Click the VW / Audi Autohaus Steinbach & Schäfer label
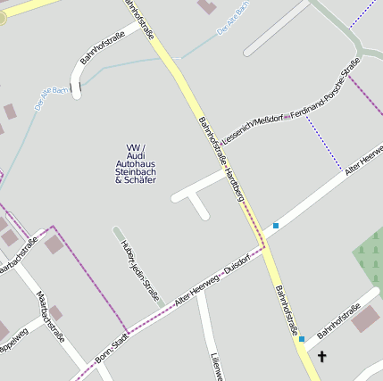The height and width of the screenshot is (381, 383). [x=136, y=163]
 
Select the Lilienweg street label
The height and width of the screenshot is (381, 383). [x=216, y=366]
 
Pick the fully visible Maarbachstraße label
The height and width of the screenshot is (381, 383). [x=51, y=318]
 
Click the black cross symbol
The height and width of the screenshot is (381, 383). [x=321, y=356]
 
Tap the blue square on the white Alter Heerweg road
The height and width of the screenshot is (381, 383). [x=276, y=226]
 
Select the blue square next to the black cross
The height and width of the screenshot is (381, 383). [x=302, y=339]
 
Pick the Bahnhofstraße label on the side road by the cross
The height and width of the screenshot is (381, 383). [x=335, y=321]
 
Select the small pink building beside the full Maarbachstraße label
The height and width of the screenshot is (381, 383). [x=56, y=311]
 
